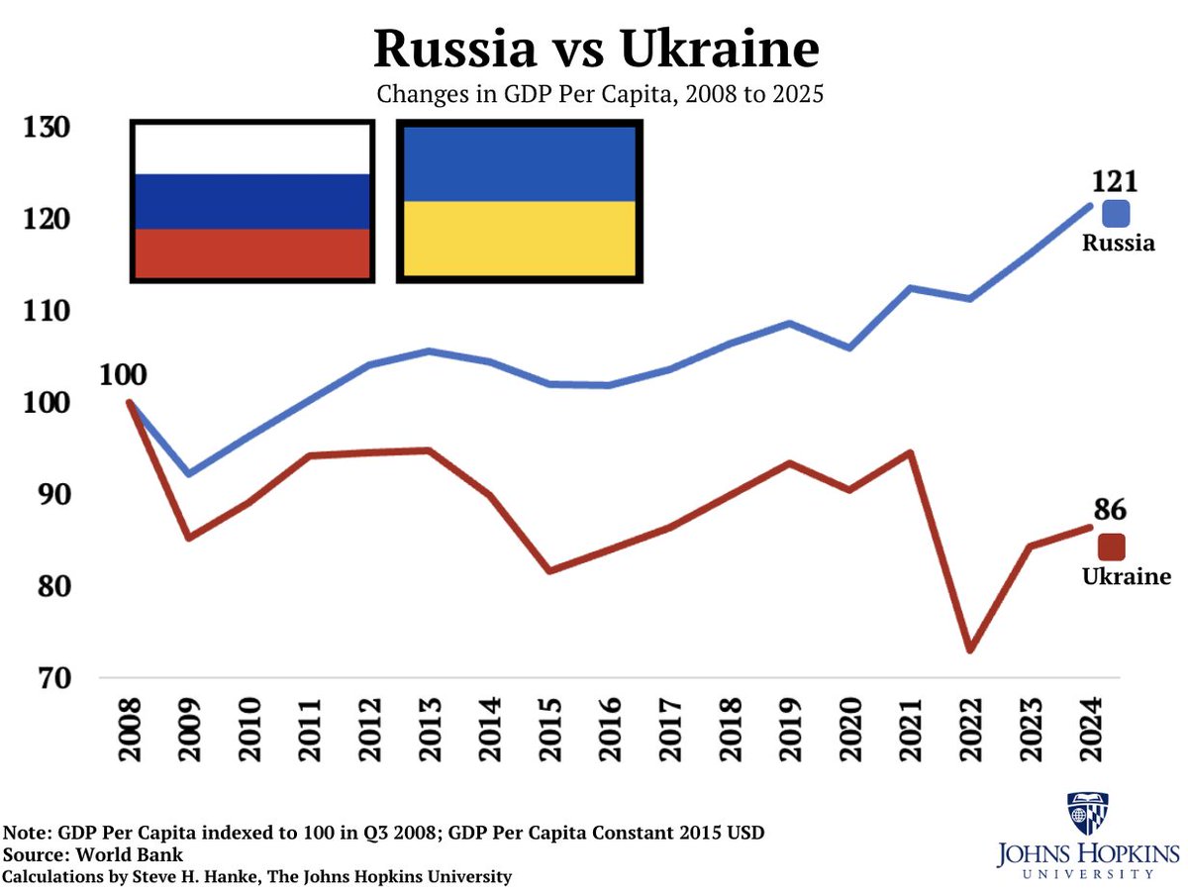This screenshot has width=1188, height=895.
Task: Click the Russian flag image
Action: coord(252,202)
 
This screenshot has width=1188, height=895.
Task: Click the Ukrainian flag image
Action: coord(520,202)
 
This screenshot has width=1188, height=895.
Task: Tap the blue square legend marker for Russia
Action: coord(1117,213)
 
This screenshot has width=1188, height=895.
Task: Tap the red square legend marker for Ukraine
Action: coord(1112,547)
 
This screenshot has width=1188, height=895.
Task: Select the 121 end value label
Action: coord(1115,181)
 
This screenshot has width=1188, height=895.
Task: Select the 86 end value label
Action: coord(1111,511)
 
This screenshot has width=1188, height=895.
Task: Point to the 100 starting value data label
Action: coord(123,375)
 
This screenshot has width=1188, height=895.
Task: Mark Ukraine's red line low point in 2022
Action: coord(970,650)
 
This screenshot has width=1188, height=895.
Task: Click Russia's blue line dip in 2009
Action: coord(189,473)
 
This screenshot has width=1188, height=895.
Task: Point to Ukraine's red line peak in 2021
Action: coord(910,452)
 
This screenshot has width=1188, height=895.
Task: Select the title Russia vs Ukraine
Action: coord(596,48)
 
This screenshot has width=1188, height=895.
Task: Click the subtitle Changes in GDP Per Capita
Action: coord(599,96)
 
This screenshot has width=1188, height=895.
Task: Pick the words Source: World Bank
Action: coord(94,854)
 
